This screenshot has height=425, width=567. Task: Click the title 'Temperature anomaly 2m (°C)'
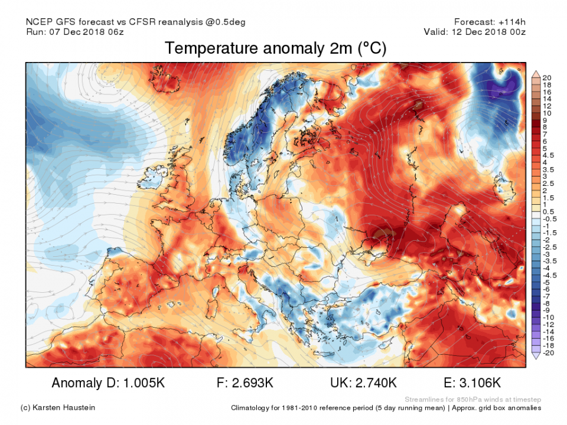point(275,48)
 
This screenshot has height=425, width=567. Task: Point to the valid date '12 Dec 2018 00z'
point(495,32)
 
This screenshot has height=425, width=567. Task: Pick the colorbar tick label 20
point(547,78)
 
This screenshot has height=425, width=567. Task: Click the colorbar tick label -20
point(548,352)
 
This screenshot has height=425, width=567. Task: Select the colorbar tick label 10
point(547,113)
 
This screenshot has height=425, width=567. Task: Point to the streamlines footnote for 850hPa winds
point(472,399)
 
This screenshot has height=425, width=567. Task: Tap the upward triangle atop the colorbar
point(536,74)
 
